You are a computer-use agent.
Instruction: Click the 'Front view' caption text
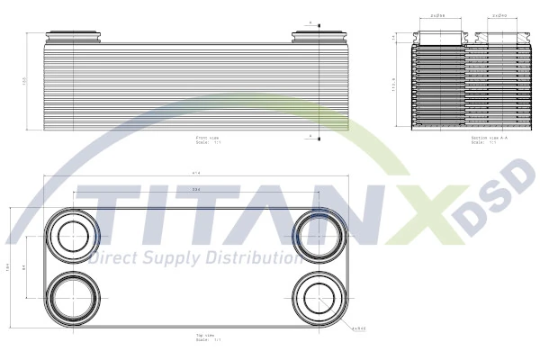pos(207,139)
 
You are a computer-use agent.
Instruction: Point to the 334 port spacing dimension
pos(196,190)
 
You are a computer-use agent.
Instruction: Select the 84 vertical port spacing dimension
pos(25,267)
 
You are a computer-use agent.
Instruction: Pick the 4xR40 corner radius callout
pos(358,328)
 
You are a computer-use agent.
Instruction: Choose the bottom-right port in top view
pos(317,297)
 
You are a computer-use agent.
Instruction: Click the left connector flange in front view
pos(73,38)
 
